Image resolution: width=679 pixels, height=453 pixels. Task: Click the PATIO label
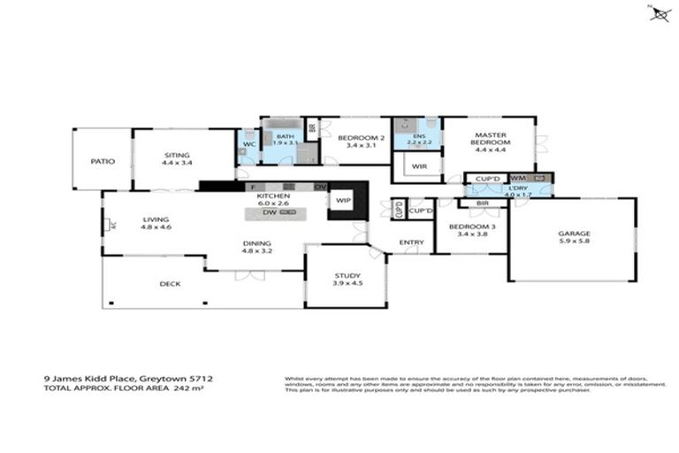(x=103, y=162)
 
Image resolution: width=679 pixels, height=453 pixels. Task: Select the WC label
(x=248, y=143)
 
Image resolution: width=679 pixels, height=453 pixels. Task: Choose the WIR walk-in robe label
(x=419, y=165)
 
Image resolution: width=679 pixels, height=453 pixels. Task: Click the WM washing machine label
(x=517, y=178)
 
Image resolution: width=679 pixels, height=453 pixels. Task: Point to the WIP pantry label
(x=341, y=201)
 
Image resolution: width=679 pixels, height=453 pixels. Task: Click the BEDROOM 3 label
(x=470, y=226)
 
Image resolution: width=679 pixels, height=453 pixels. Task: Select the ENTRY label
(x=411, y=242)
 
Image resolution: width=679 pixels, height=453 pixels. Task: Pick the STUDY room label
(x=346, y=276)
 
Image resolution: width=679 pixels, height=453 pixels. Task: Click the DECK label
(x=171, y=284)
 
